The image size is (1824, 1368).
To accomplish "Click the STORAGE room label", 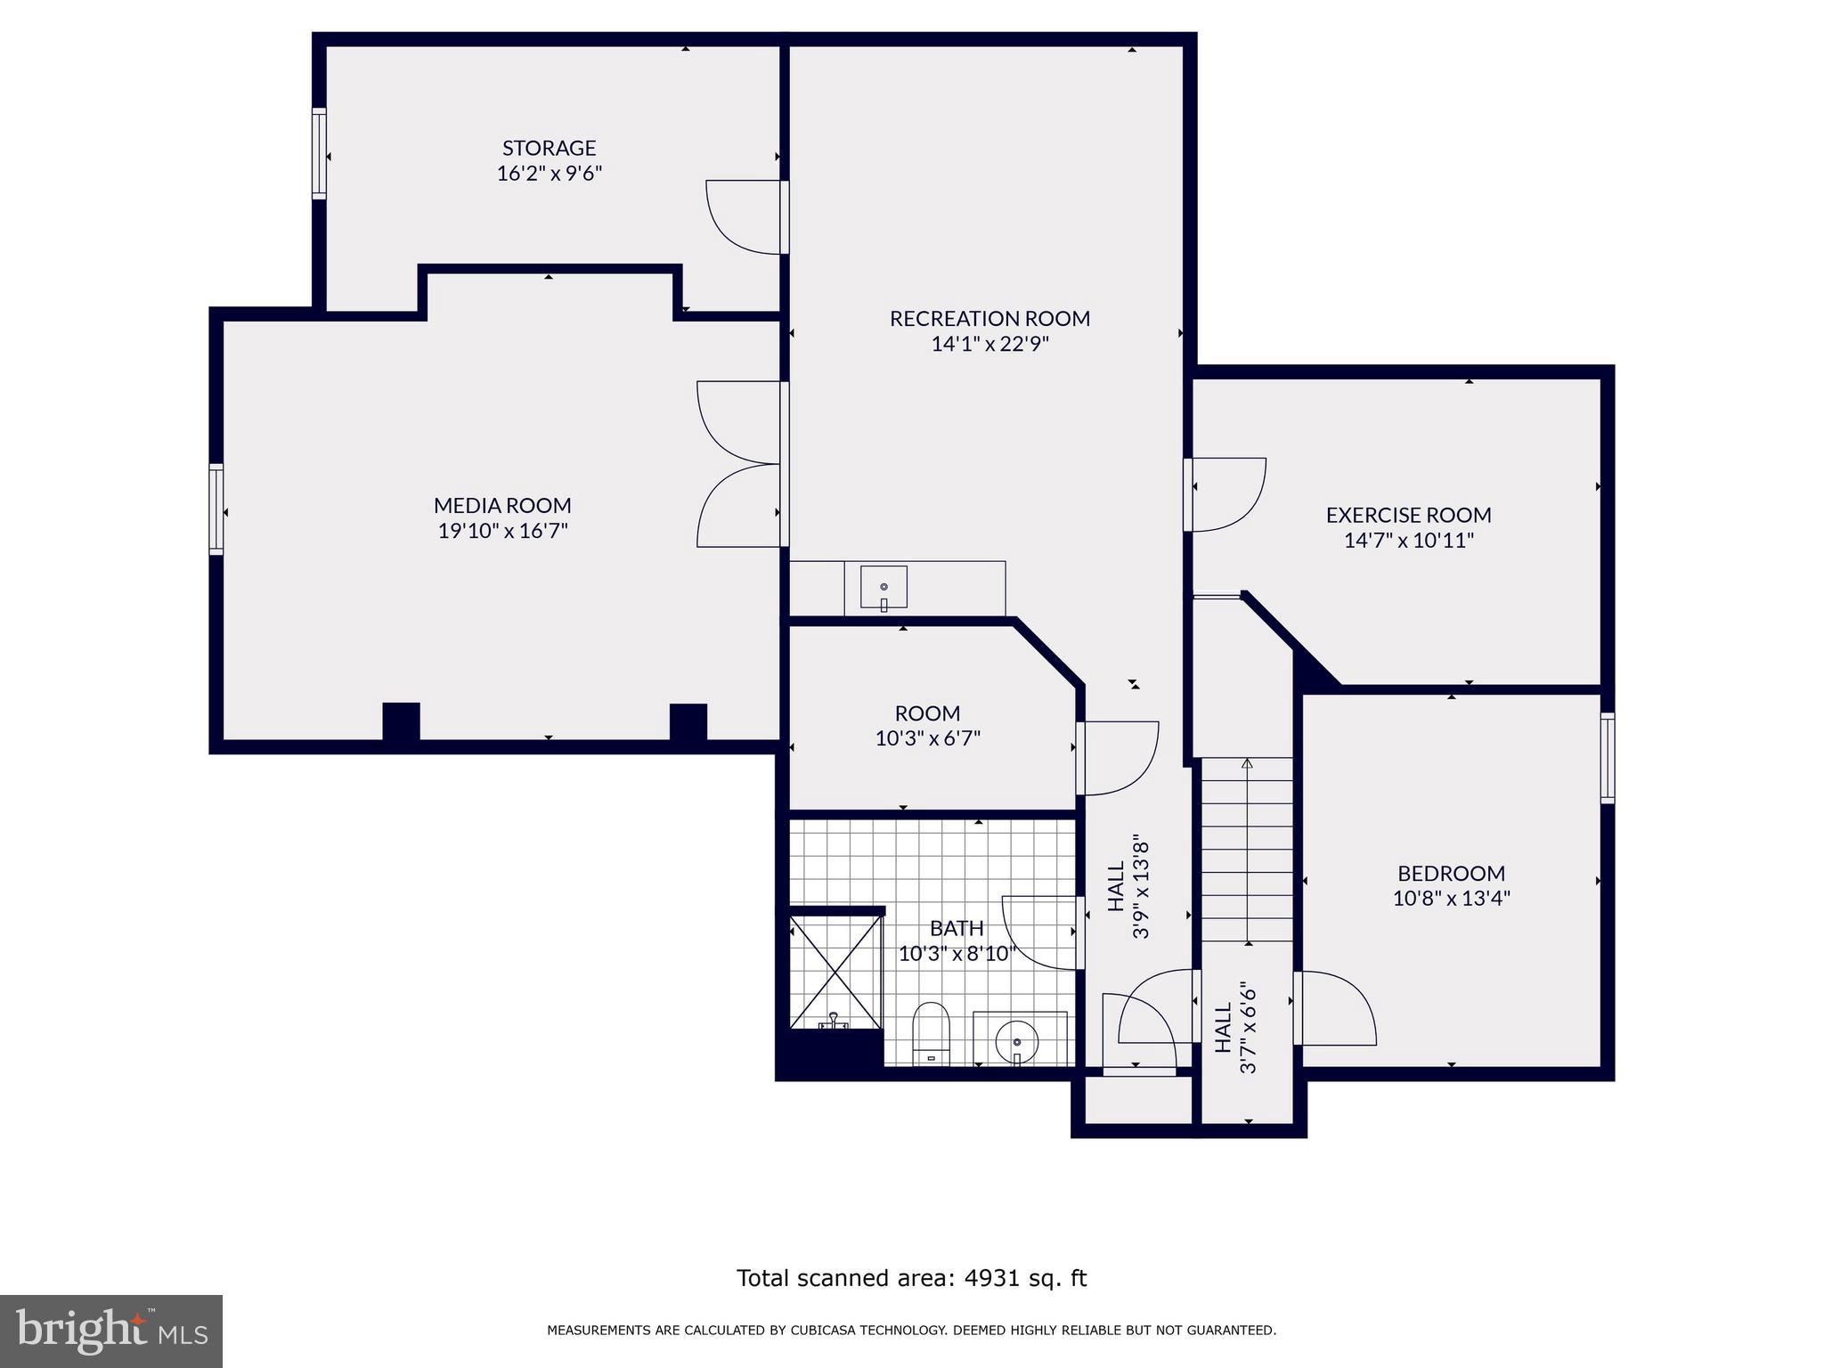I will pos(549,148).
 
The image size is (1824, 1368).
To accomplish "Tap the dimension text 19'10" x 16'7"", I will pos(502,531).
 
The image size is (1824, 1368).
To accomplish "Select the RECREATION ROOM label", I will pos(989,318).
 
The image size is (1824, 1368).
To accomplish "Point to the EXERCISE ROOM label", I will pos(1408,515).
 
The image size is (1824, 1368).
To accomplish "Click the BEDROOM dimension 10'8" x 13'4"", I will pos(1451,898).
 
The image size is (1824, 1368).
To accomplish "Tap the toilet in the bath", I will pos(932,1033).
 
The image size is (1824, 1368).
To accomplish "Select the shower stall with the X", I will pos(835,971).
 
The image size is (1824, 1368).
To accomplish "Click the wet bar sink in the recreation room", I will pos(883,587).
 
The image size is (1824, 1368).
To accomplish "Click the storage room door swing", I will pos(742,216).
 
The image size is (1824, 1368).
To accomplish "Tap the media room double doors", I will pos(739,464).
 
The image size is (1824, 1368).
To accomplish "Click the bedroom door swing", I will pos(1334,1008).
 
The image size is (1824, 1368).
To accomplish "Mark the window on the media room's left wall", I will pos(216,509).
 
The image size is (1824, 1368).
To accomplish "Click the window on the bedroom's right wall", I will pos(1607,758).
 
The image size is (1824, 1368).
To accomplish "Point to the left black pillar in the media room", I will pos(401,721).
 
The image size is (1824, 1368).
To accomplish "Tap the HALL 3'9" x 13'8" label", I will pos(1128,886).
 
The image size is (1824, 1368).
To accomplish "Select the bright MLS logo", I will pos(111,1331).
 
